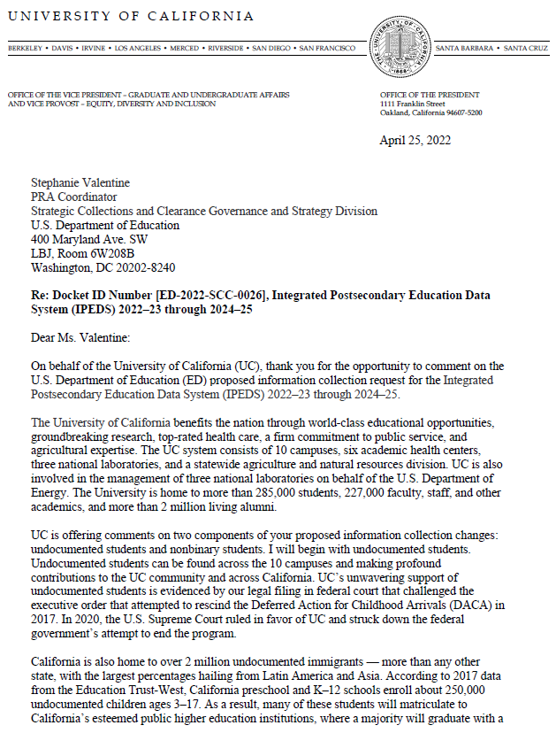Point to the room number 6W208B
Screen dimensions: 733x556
[x=106, y=253]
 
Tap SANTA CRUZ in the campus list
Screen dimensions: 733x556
[x=527, y=47]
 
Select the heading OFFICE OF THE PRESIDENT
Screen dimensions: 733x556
[x=430, y=95]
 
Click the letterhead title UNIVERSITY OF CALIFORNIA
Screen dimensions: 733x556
[x=131, y=17]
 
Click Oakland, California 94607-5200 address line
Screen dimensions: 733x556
[x=430, y=113]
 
